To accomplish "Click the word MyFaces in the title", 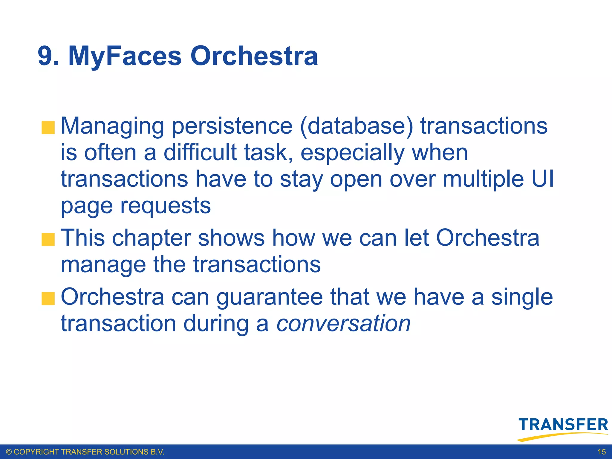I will tap(125, 56).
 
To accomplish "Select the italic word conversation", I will tap(343, 324).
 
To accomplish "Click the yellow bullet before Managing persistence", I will tap(48, 128).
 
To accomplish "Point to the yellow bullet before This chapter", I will tap(48, 239).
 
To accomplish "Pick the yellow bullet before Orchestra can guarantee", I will tap(48, 299).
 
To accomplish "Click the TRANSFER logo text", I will tap(563, 425).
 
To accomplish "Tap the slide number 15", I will tap(602, 452).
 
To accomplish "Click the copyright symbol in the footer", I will tap(9, 452).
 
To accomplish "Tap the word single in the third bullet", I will tap(522, 298).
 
